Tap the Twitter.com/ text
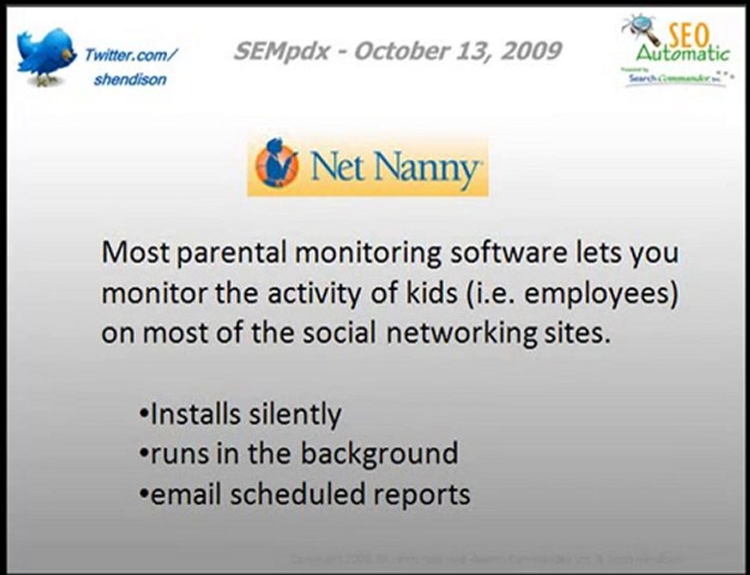click(131, 54)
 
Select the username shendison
click(129, 80)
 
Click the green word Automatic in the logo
click(683, 54)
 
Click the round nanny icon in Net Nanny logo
click(277, 166)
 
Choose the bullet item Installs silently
click(240, 414)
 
